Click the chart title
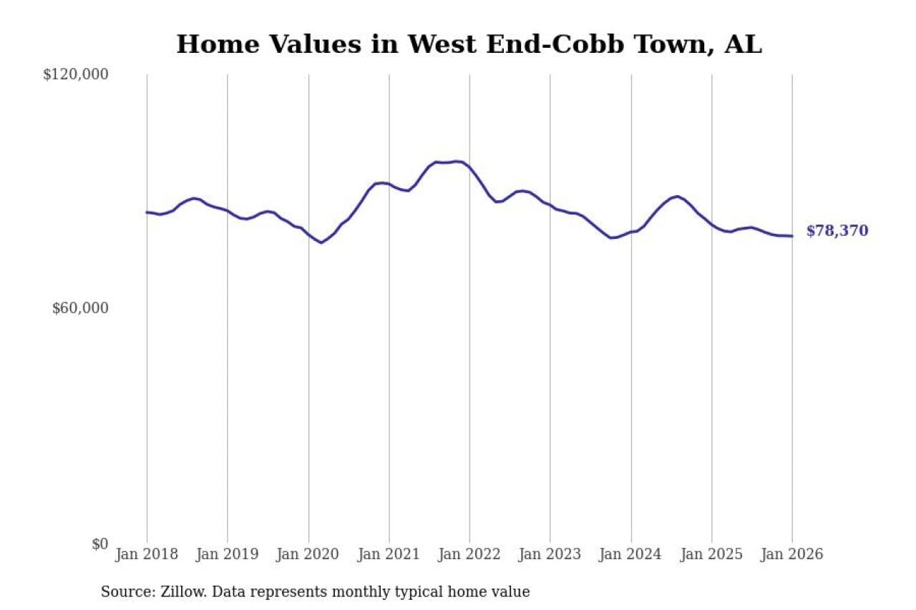pyautogui.click(x=469, y=44)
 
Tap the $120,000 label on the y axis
pyautogui.click(x=76, y=74)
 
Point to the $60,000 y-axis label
pyautogui.click(x=80, y=308)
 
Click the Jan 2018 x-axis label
pyautogui.click(x=147, y=555)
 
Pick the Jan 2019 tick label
pyautogui.click(x=228, y=555)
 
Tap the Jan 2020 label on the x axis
pyautogui.click(x=308, y=555)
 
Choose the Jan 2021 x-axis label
pyautogui.click(x=389, y=555)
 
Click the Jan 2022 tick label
pyautogui.click(x=469, y=555)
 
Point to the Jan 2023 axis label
pyautogui.click(x=550, y=555)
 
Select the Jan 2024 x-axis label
pyautogui.click(x=631, y=555)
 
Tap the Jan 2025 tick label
pyautogui.click(x=711, y=555)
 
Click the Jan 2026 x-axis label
pyautogui.click(x=792, y=555)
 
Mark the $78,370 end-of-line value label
pyautogui.click(x=837, y=231)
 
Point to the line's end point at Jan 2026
pyautogui.click(x=792, y=236)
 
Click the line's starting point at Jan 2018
pyautogui.click(x=147, y=212)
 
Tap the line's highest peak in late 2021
pyautogui.click(x=457, y=162)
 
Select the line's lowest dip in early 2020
pyautogui.click(x=321, y=242)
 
